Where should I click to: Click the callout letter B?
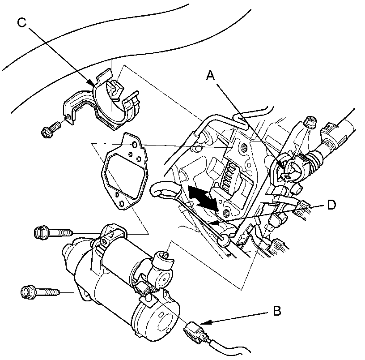[277, 311]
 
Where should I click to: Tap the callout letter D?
[331, 205]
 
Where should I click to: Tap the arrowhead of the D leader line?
[213, 223]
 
